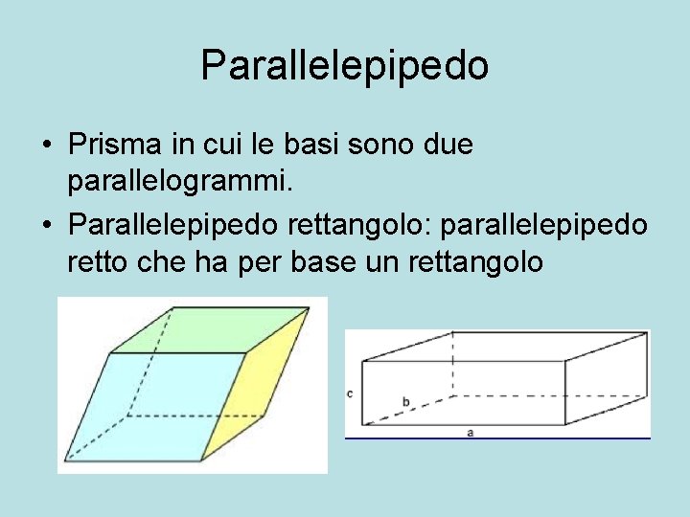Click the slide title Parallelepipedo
click(x=345, y=65)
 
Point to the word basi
click(x=309, y=145)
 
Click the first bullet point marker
click(x=46, y=146)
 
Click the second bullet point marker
click(x=46, y=227)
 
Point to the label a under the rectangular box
click(x=471, y=433)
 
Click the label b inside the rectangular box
click(x=406, y=401)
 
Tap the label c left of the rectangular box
click(x=351, y=393)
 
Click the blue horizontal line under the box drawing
click(x=498, y=438)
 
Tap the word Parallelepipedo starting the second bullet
click(x=174, y=225)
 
